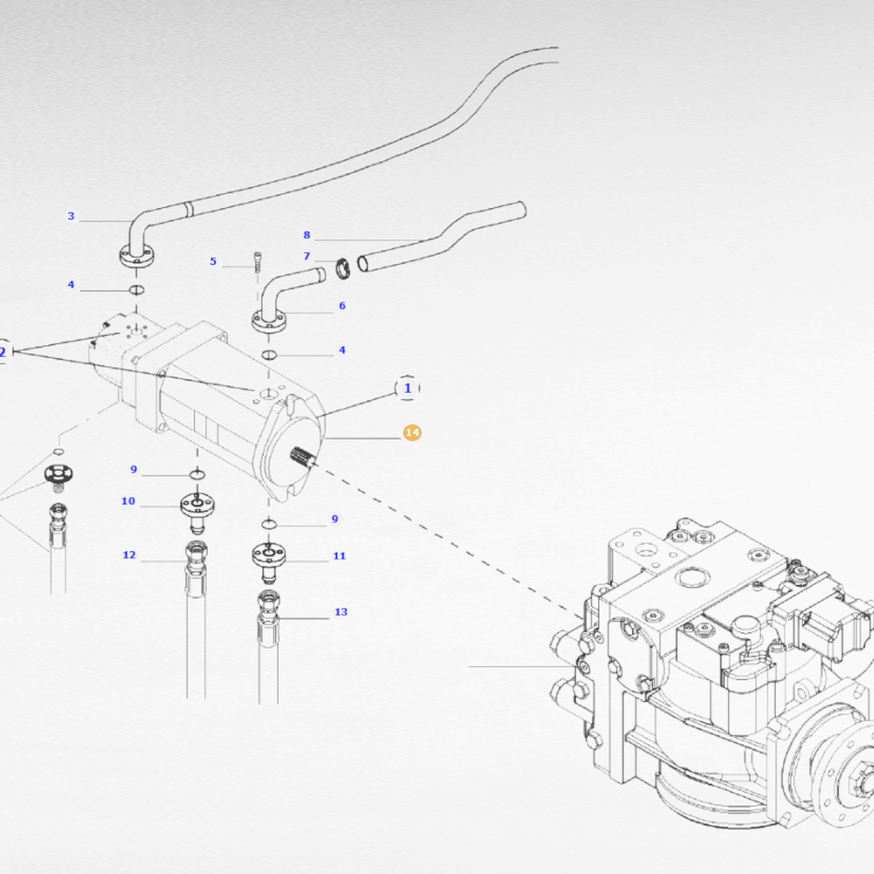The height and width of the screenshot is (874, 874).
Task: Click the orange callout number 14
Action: pos(412,432)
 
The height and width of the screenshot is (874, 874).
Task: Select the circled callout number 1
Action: pos(408,388)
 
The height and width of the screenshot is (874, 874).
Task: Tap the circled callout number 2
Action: pos(3,351)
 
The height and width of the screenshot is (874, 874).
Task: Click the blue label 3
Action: pos(71,217)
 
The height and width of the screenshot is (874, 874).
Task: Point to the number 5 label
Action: pos(213,261)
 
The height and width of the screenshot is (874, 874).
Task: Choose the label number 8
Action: pos(307,235)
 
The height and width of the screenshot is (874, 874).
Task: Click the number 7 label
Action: pos(307,256)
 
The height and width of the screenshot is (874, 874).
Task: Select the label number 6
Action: pos(342,305)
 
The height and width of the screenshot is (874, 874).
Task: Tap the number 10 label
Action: pos(128,501)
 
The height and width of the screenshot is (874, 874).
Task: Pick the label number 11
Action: pos(339,556)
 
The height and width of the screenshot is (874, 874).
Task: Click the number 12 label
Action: pos(129,555)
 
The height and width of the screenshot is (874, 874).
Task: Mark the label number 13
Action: pos(341,612)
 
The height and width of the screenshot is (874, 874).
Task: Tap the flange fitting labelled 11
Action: pos(267,558)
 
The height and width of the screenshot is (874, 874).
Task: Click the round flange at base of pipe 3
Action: pos(136,259)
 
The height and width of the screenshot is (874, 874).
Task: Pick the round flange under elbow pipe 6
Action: pos(268,323)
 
